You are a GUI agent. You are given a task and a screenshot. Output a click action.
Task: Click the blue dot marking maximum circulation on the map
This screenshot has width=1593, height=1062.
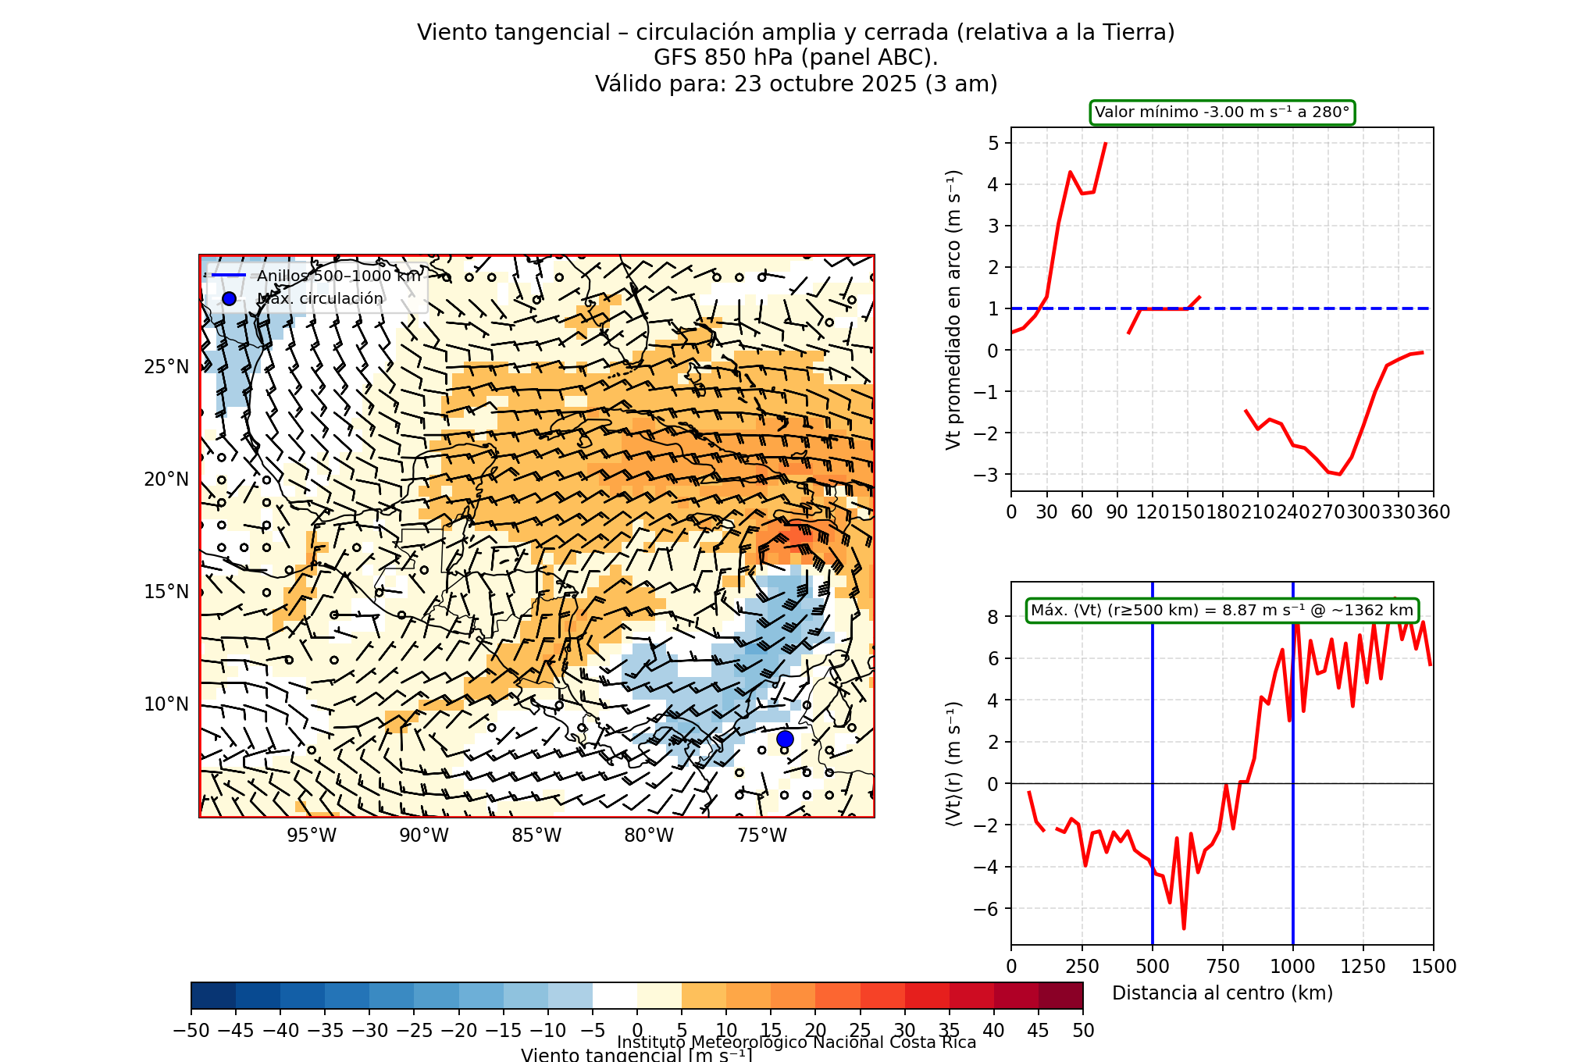point(785,739)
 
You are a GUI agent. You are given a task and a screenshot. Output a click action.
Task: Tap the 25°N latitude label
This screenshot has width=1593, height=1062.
point(166,367)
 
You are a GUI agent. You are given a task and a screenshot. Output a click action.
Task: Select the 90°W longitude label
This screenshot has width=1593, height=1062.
point(424,836)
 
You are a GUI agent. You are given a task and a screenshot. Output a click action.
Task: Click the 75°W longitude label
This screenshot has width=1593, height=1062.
point(762,836)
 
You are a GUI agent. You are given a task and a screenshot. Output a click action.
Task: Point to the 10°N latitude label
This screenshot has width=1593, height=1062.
point(166,704)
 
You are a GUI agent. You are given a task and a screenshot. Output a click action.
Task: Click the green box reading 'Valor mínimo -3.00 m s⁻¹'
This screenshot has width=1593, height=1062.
point(1222,112)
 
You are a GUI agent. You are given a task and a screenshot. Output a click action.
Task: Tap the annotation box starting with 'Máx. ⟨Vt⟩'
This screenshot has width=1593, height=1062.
point(1222,611)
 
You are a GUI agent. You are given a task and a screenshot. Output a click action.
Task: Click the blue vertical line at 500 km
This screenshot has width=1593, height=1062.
point(1153,859)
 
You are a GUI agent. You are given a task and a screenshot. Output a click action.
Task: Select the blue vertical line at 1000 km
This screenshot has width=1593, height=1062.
point(1293,859)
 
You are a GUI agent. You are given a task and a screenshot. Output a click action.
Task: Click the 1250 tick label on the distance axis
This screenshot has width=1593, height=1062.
point(1363,967)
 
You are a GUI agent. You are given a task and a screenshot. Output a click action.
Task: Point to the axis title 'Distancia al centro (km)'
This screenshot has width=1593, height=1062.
point(1222,993)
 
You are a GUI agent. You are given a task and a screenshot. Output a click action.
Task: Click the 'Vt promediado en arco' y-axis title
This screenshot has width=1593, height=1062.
point(953,310)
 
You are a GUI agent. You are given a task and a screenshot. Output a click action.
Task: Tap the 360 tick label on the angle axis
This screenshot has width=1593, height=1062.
point(1434,512)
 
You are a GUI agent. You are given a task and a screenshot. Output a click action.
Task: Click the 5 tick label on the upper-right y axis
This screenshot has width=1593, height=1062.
point(993,143)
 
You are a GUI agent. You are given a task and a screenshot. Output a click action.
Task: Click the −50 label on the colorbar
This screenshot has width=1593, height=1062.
point(191,1031)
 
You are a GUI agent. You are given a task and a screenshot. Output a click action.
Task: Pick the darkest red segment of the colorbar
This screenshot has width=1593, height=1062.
point(1060,996)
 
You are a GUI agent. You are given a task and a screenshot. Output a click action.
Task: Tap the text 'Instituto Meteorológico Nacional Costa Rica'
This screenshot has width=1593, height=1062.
point(796,1042)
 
